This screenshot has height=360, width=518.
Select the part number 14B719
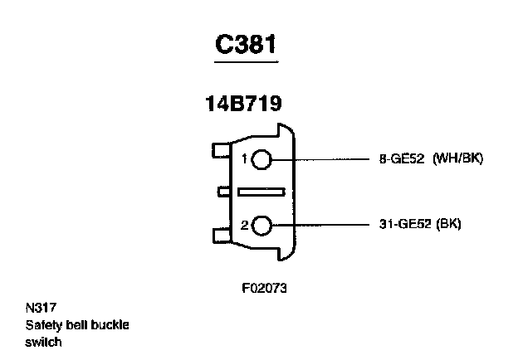(243, 105)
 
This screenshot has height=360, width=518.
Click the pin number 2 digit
(245, 225)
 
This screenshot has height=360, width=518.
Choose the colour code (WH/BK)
(458, 158)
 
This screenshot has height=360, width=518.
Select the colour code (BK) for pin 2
(449, 225)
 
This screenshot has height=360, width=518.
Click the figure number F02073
(264, 289)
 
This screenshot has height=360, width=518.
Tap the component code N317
(39, 309)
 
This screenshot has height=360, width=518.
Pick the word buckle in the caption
(110, 324)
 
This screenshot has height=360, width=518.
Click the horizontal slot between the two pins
(261, 192)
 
